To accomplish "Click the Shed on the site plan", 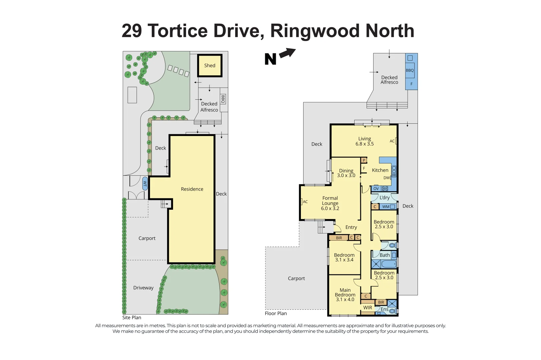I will (x=209, y=66).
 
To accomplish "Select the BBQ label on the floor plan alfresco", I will (x=410, y=70).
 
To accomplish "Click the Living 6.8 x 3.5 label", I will (x=364, y=141).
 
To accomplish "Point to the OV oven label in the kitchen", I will (x=376, y=189).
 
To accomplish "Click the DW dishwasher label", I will (x=386, y=178).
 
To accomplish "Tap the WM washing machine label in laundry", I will (x=386, y=207).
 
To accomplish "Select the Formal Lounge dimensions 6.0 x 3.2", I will (x=330, y=208).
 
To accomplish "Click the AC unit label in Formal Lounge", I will (x=305, y=202).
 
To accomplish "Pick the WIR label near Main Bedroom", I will (x=368, y=308).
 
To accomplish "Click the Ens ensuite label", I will (x=384, y=309).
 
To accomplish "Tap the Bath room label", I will (x=384, y=255).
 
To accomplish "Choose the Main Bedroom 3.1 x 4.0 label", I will (x=345, y=295).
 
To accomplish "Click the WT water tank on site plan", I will (x=145, y=183).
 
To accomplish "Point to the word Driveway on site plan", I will (x=143, y=288).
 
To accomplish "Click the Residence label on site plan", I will (x=192, y=189).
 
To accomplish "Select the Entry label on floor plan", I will (x=351, y=227).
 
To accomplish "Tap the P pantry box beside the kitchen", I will (x=364, y=160).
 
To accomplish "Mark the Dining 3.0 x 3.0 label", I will (x=346, y=173).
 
